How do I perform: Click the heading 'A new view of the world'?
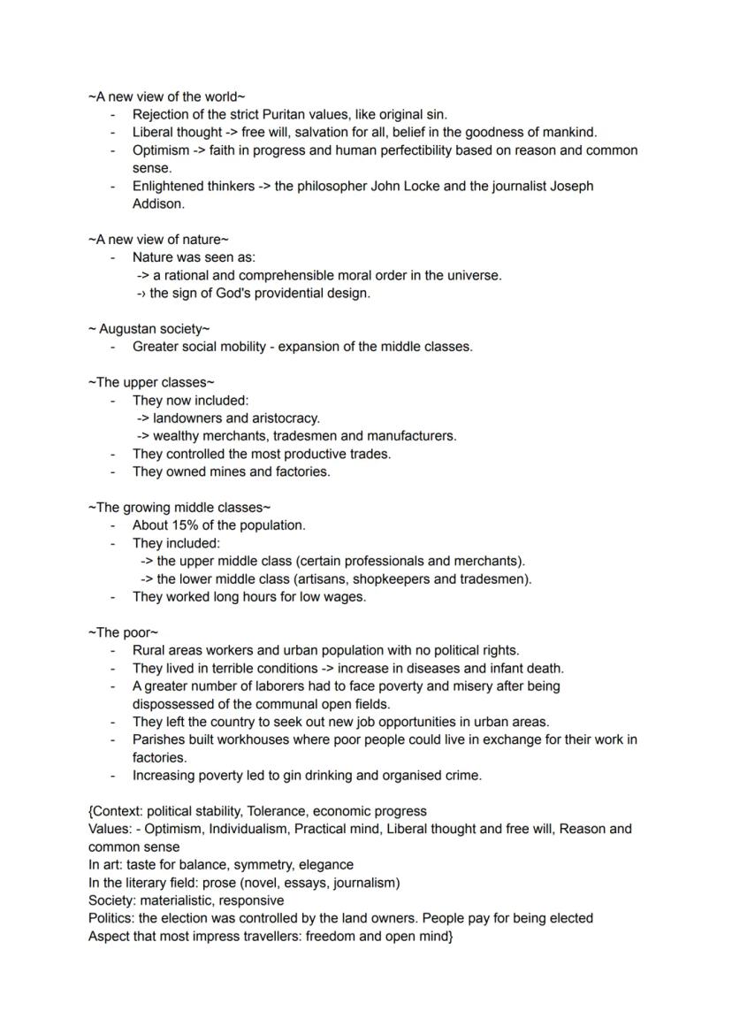[x=166, y=96]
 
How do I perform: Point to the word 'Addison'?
[x=157, y=203]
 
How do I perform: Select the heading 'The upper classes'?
[x=151, y=382]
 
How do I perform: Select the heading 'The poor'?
[x=123, y=632]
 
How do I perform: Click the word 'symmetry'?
[x=263, y=864]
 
